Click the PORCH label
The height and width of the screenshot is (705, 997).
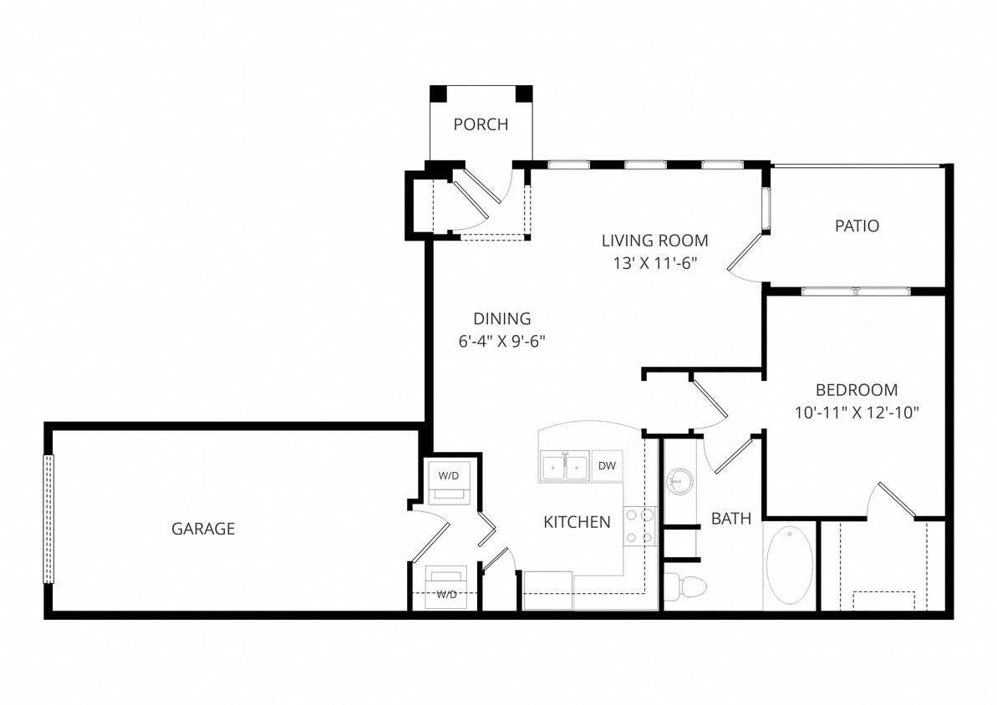[481, 124]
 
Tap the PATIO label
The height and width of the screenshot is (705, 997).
[857, 226]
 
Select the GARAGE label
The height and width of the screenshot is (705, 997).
[203, 529]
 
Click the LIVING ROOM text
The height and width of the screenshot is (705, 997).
[654, 241]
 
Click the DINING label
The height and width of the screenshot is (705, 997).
[502, 318]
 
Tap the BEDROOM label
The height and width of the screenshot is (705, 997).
[857, 389]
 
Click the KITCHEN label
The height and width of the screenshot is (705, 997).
[577, 522]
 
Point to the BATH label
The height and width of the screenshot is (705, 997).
[731, 519]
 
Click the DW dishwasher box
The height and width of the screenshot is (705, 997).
[608, 466]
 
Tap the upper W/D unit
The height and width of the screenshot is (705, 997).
[449, 481]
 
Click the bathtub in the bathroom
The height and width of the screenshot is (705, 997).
[789, 566]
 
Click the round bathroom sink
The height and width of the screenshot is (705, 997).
[679, 481]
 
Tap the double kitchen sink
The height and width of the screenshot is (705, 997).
[565, 466]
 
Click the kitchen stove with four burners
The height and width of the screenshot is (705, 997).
[640, 527]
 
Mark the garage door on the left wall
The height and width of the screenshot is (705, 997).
[48, 519]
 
